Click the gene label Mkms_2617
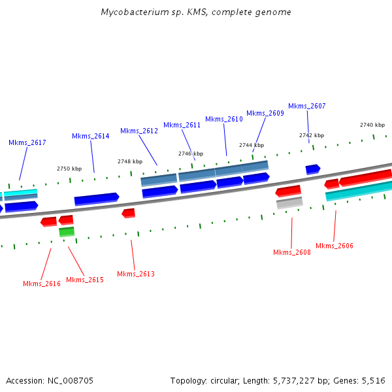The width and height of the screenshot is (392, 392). click(27, 142)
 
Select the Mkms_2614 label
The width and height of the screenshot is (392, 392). click(90, 136)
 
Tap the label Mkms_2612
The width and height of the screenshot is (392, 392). click(139, 131)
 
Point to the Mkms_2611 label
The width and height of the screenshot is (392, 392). click(182, 125)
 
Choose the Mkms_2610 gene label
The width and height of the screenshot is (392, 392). click(223, 119)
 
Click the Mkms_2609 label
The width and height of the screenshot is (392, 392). click(265, 113)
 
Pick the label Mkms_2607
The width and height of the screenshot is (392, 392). click(306, 106)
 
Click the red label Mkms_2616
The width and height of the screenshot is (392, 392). click(42, 284)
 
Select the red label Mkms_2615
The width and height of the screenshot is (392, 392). click(85, 280)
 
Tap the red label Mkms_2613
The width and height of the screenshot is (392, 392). click(136, 274)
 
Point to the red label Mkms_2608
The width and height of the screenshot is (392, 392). click(292, 252)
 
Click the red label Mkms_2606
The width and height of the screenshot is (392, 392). click(334, 246)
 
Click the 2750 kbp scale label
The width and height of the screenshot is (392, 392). click(69, 169)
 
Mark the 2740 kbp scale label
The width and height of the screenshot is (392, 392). click(372, 125)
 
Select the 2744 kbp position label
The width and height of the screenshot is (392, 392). click(251, 145)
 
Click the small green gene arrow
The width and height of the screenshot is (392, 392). click(67, 231)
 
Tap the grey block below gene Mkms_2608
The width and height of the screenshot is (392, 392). click(289, 203)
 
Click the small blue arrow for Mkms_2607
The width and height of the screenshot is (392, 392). click(312, 169)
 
